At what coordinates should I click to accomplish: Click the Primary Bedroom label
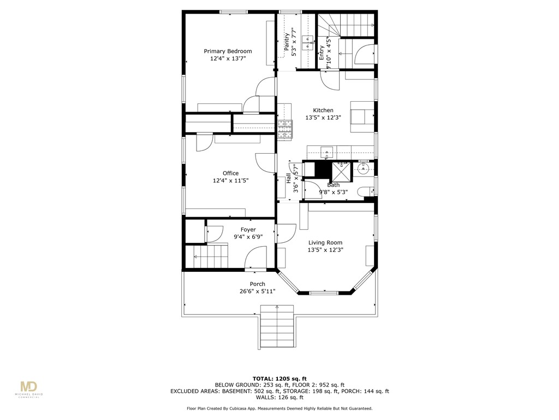pyautogui.click(x=228, y=51)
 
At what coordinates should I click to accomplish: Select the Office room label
pyautogui.click(x=230, y=173)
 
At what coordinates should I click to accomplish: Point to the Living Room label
pyautogui.click(x=325, y=243)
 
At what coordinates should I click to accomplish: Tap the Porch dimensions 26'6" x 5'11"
pyautogui.click(x=258, y=291)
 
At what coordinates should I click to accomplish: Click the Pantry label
pyautogui.click(x=286, y=43)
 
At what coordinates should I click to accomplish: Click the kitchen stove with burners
pyautogui.click(x=286, y=130)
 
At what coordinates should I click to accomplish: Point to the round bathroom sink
pyautogui.click(x=364, y=169)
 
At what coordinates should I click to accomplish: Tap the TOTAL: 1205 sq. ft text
pyautogui.click(x=279, y=378)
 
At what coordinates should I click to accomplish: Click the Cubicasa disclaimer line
pyautogui.click(x=279, y=409)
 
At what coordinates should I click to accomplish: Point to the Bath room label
pyautogui.click(x=333, y=185)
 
